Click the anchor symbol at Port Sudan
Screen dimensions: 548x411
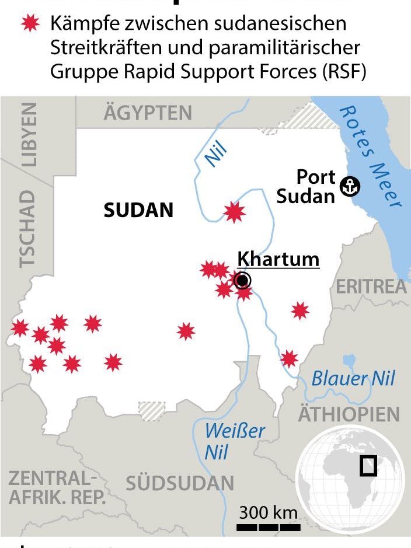[x=350, y=186]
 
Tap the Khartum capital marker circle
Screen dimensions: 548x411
[x=242, y=281]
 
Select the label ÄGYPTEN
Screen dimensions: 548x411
[x=148, y=113]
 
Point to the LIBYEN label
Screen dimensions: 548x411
[x=29, y=135]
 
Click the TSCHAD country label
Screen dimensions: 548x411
[x=27, y=228]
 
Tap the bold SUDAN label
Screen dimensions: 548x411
[x=138, y=210]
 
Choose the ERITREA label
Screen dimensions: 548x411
[x=371, y=287]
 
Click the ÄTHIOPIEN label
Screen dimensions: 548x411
[x=349, y=414]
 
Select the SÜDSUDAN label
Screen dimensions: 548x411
[x=180, y=483]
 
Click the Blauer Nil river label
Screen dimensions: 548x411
[x=353, y=378]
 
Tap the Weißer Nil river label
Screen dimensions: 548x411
[x=234, y=441]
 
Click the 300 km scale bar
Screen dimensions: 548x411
[x=268, y=528]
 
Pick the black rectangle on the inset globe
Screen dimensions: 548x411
[x=368, y=466]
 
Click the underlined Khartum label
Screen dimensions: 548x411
[x=278, y=259]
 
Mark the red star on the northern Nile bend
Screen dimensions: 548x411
[x=234, y=212]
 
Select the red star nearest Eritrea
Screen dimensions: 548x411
[x=299, y=310]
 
